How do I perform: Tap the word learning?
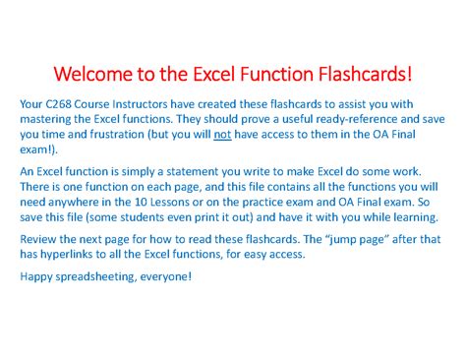click(416, 217)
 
